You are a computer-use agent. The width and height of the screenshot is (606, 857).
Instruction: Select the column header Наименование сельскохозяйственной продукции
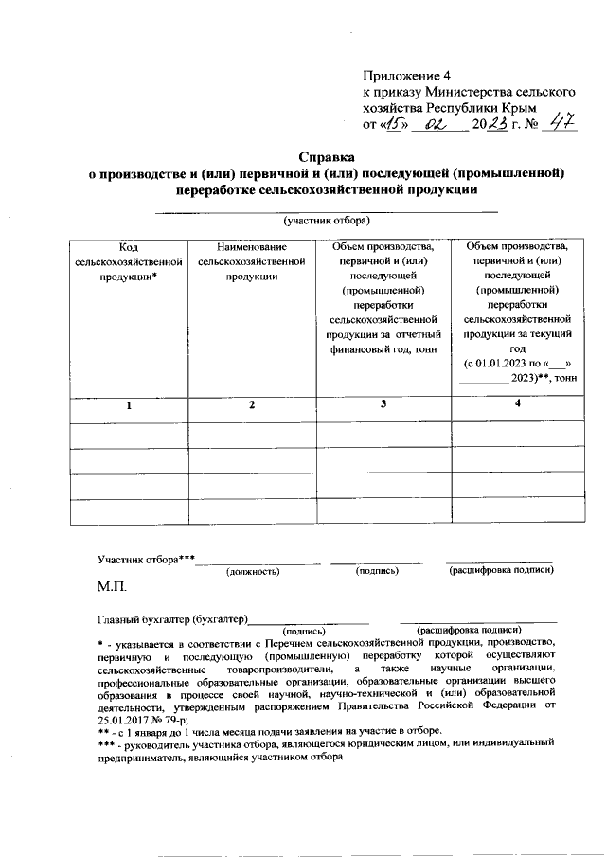click(251, 261)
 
